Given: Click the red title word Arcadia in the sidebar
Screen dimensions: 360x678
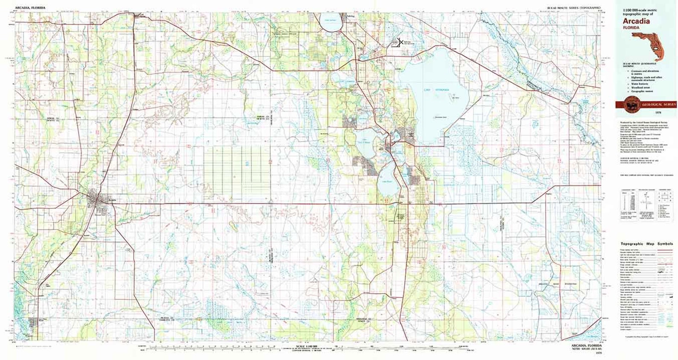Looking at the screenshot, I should [x=636, y=21].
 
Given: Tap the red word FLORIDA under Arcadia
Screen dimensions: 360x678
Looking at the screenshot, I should [x=631, y=28].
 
